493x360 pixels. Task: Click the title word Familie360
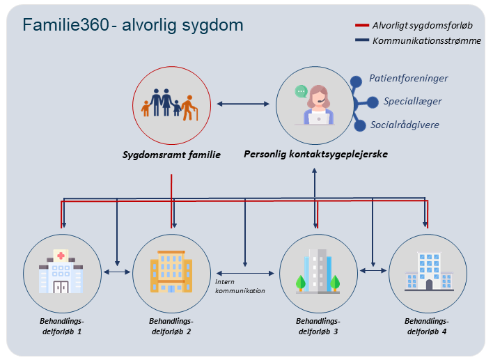(x=65, y=25)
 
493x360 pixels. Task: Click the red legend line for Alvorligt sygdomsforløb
(x=362, y=25)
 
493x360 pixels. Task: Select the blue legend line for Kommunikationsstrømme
(x=362, y=40)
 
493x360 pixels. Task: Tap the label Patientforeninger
(x=409, y=78)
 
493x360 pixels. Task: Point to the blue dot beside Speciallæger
(x=373, y=102)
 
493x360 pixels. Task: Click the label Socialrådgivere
(x=405, y=125)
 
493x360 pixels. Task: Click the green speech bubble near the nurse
(x=301, y=91)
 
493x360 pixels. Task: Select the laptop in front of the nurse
(x=318, y=119)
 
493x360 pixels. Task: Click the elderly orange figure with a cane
(x=189, y=108)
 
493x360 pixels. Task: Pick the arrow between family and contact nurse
(x=243, y=104)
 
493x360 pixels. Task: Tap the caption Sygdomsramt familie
(x=171, y=155)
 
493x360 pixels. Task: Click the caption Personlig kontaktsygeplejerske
(x=315, y=154)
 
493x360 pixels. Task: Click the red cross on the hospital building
(x=61, y=256)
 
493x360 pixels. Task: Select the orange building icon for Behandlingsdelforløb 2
(x=171, y=272)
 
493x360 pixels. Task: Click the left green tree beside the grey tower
(x=301, y=282)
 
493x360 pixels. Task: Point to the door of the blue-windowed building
(x=429, y=285)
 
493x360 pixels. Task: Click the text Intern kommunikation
(x=240, y=286)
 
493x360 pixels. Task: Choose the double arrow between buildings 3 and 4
(x=373, y=270)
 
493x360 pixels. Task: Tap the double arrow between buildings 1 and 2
(x=117, y=272)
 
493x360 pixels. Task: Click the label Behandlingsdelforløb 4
(x=427, y=327)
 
